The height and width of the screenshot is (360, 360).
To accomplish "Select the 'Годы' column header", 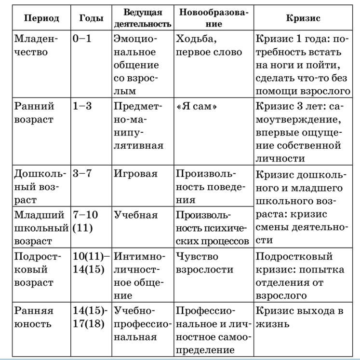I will tap(91, 18).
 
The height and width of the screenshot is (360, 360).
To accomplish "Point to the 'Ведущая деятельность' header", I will tap(142, 18).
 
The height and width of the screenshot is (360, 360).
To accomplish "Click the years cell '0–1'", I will tap(82, 39).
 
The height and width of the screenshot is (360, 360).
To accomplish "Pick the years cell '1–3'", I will tap(82, 106).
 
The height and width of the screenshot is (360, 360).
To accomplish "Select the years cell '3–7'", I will tap(82, 174).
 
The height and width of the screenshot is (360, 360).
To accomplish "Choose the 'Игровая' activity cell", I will tap(135, 174).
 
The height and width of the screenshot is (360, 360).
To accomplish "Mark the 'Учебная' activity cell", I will tap(135, 215).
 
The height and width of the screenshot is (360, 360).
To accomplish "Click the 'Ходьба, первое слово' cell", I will tap(209, 45).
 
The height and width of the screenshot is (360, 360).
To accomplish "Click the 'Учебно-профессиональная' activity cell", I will tap(142, 324).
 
